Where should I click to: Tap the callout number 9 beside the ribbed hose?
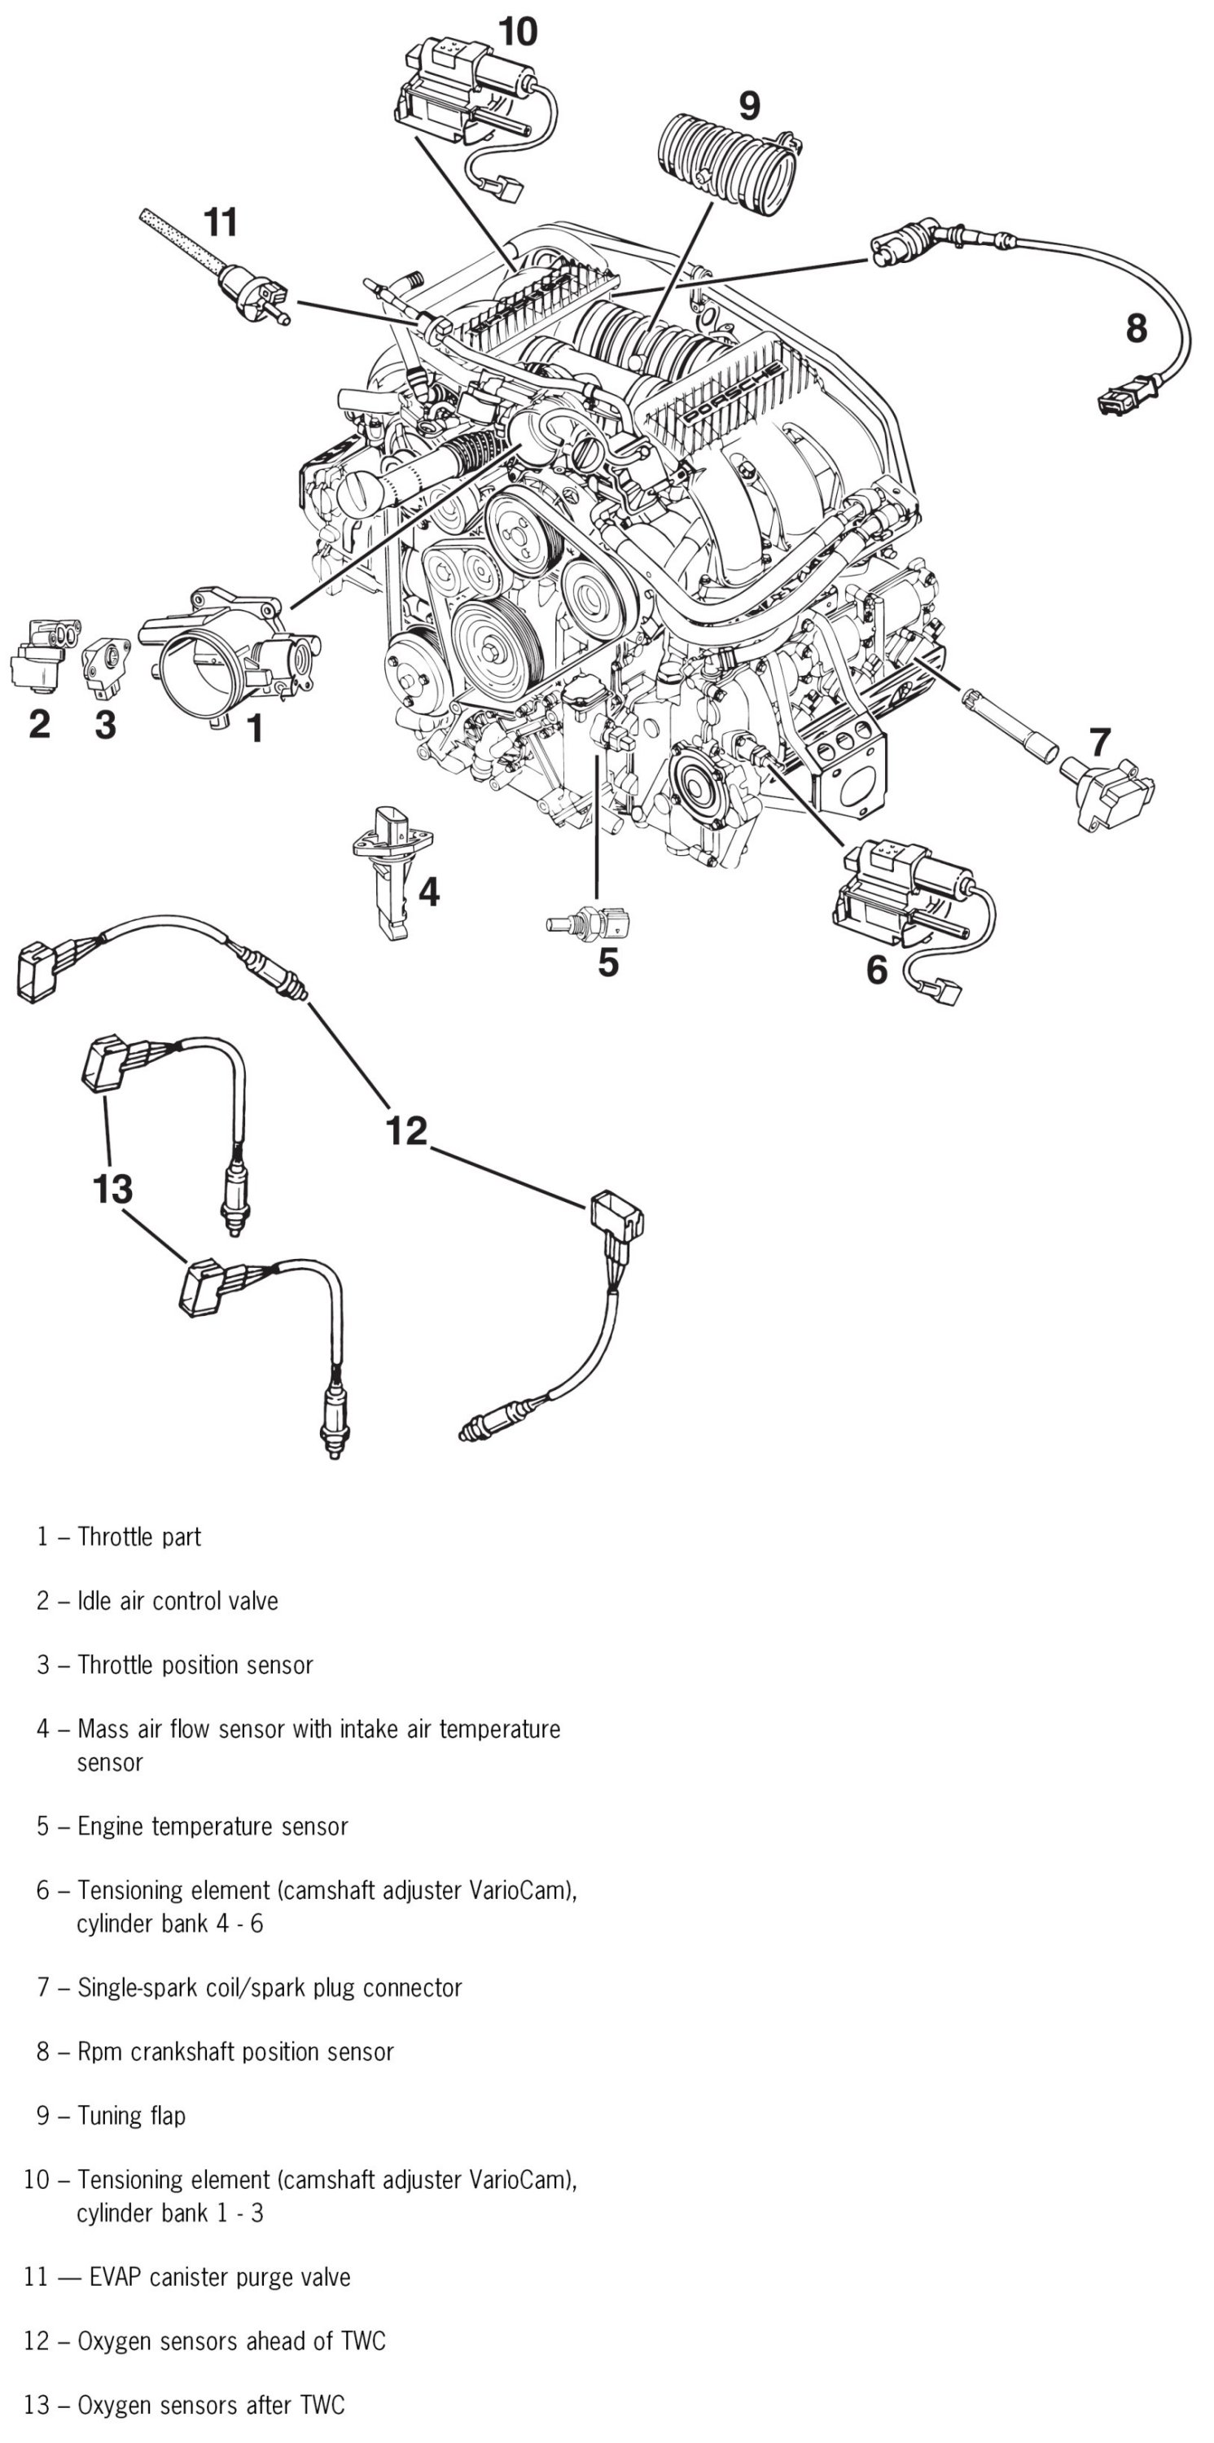click(749, 105)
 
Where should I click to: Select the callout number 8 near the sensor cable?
click(1136, 328)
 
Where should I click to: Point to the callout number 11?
click(220, 223)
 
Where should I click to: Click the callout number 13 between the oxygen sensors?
click(112, 1188)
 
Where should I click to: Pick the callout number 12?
click(406, 1130)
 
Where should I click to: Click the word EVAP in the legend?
click(116, 2277)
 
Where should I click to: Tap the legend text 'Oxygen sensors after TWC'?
click(211, 2405)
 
